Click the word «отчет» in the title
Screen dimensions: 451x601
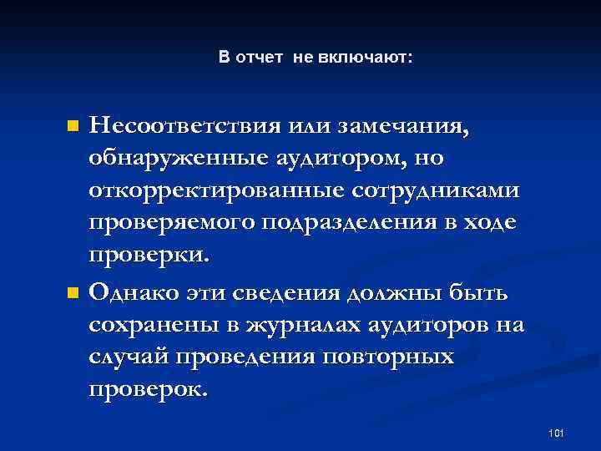[x=260, y=58]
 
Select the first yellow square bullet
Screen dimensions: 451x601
[x=72, y=128]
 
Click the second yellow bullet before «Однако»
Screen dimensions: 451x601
[x=72, y=292]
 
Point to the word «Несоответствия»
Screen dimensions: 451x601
[x=178, y=129]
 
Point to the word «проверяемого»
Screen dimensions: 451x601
[x=172, y=223]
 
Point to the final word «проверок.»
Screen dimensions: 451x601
[x=147, y=389]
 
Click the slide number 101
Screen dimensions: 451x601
[x=558, y=433]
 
